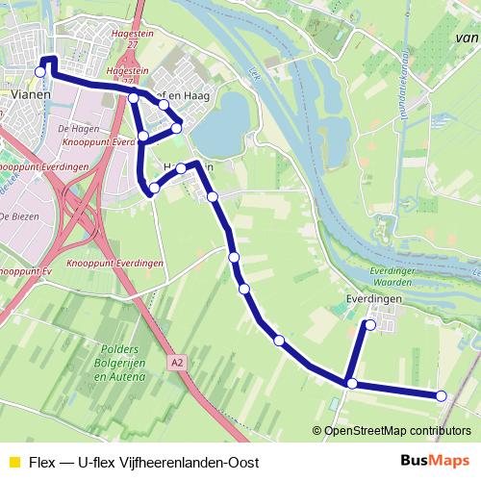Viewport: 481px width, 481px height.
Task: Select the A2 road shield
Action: (x=175, y=364)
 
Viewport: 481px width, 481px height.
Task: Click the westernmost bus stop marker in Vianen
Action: (x=40, y=71)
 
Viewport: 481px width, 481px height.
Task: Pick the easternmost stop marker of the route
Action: (x=442, y=395)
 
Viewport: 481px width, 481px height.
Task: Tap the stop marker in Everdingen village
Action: (x=369, y=325)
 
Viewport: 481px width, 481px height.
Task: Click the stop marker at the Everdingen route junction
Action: (x=352, y=384)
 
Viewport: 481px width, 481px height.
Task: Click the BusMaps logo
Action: (x=435, y=461)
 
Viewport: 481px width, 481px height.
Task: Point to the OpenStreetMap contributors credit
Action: (x=392, y=430)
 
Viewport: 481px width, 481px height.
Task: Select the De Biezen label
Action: (x=21, y=216)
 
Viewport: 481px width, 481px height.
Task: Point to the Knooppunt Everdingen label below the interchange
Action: (x=114, y=263)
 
